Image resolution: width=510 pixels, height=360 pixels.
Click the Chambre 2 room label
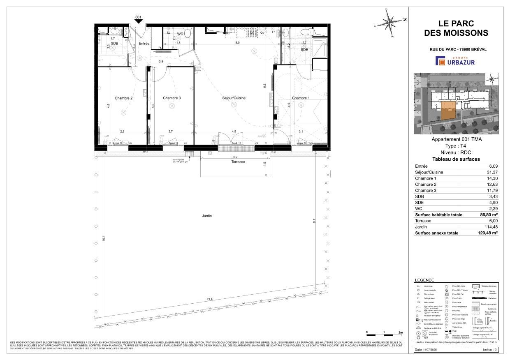pos(123,98)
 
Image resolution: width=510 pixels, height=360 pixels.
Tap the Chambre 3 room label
pos(172,98)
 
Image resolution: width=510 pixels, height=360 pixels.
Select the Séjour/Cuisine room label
pos(234,98)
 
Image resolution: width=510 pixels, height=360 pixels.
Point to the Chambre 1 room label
pos(301,98)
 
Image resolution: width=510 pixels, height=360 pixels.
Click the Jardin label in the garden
pos(207,215)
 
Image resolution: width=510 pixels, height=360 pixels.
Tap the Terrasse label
pos(238,162)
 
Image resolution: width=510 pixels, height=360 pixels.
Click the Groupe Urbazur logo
pos(456,61)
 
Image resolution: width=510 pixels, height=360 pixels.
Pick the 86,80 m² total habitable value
pos(489,215)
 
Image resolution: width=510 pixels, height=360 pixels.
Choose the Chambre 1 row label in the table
pos(425,178)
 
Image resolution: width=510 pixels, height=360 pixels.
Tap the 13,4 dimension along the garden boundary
pos(210,300)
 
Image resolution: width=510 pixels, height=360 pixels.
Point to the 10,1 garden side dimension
pos(104,239)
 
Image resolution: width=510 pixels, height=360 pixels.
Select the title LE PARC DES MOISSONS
pos(456,29)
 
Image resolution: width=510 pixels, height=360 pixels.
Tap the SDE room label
pos(304,50)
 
